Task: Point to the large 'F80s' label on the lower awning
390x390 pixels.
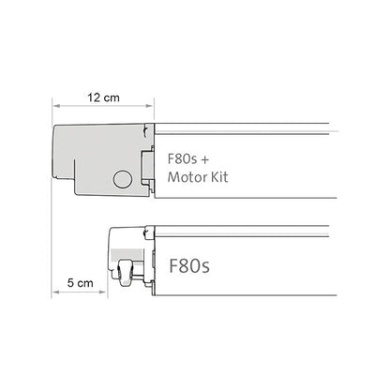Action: pos(191,265)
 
